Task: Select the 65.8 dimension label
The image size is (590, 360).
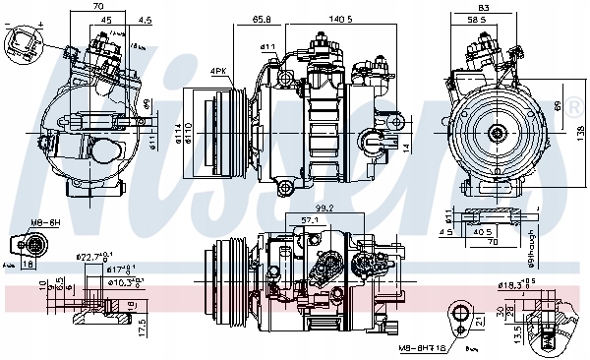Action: (x=262, y=18)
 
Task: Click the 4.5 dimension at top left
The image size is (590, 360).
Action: (x=145, y=19)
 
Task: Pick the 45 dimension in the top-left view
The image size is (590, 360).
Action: (x=105, y=19)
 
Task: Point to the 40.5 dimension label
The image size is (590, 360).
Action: (x=482, y=232)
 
